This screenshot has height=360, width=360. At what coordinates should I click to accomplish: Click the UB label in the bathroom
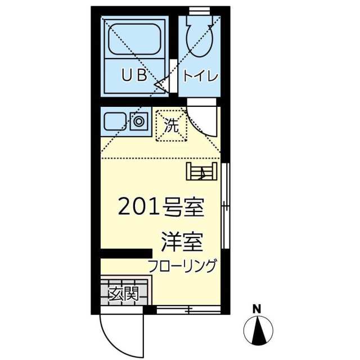pos(134,75)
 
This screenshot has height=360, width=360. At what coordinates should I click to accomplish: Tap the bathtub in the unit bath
pos(134,39)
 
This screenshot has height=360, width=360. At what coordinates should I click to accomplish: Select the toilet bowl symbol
pos(200,40)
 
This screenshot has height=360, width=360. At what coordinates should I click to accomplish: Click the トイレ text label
pos(200,76)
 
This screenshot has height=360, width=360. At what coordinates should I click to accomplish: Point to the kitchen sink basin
pos(115,121)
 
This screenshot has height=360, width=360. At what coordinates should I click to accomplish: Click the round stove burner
pos(139,121)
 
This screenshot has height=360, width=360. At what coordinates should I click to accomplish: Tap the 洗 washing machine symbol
pos(172,125)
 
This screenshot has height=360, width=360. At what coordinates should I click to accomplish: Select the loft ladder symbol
pos(201,171)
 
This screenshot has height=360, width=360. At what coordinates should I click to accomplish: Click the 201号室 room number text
pos(161,207)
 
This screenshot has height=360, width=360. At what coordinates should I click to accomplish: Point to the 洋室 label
pos(182,242)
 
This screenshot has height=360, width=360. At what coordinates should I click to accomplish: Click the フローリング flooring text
pos(182,266)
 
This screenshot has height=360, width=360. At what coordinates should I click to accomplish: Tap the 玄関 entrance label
pos(124,294)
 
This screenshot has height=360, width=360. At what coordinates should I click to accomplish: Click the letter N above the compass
pos(257,309)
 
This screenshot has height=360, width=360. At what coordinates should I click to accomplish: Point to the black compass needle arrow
pos(259,330)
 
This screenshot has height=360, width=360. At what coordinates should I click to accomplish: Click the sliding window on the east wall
pos(226,206)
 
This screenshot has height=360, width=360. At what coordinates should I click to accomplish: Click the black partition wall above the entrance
pos(127,253)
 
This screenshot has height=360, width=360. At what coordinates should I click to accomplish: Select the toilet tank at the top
pos(199,19)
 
